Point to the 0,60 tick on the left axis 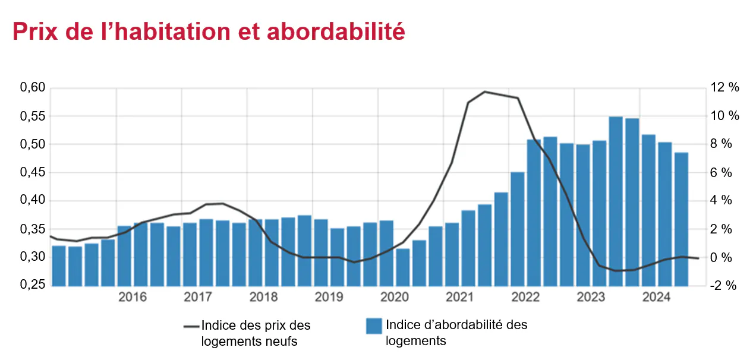click(33, 88)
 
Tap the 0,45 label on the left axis click(33, 172)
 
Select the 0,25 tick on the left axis click(33, 285)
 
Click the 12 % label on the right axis click(725, 88)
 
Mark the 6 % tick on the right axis click(723, 172)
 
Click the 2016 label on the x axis click(133, 298)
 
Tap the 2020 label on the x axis click(394, 298)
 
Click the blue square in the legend click(373, 326)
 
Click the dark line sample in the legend click(191, 326)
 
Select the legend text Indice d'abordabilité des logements click(456, 333)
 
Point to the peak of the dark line click(485, 91)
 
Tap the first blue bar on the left click(59, 266)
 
